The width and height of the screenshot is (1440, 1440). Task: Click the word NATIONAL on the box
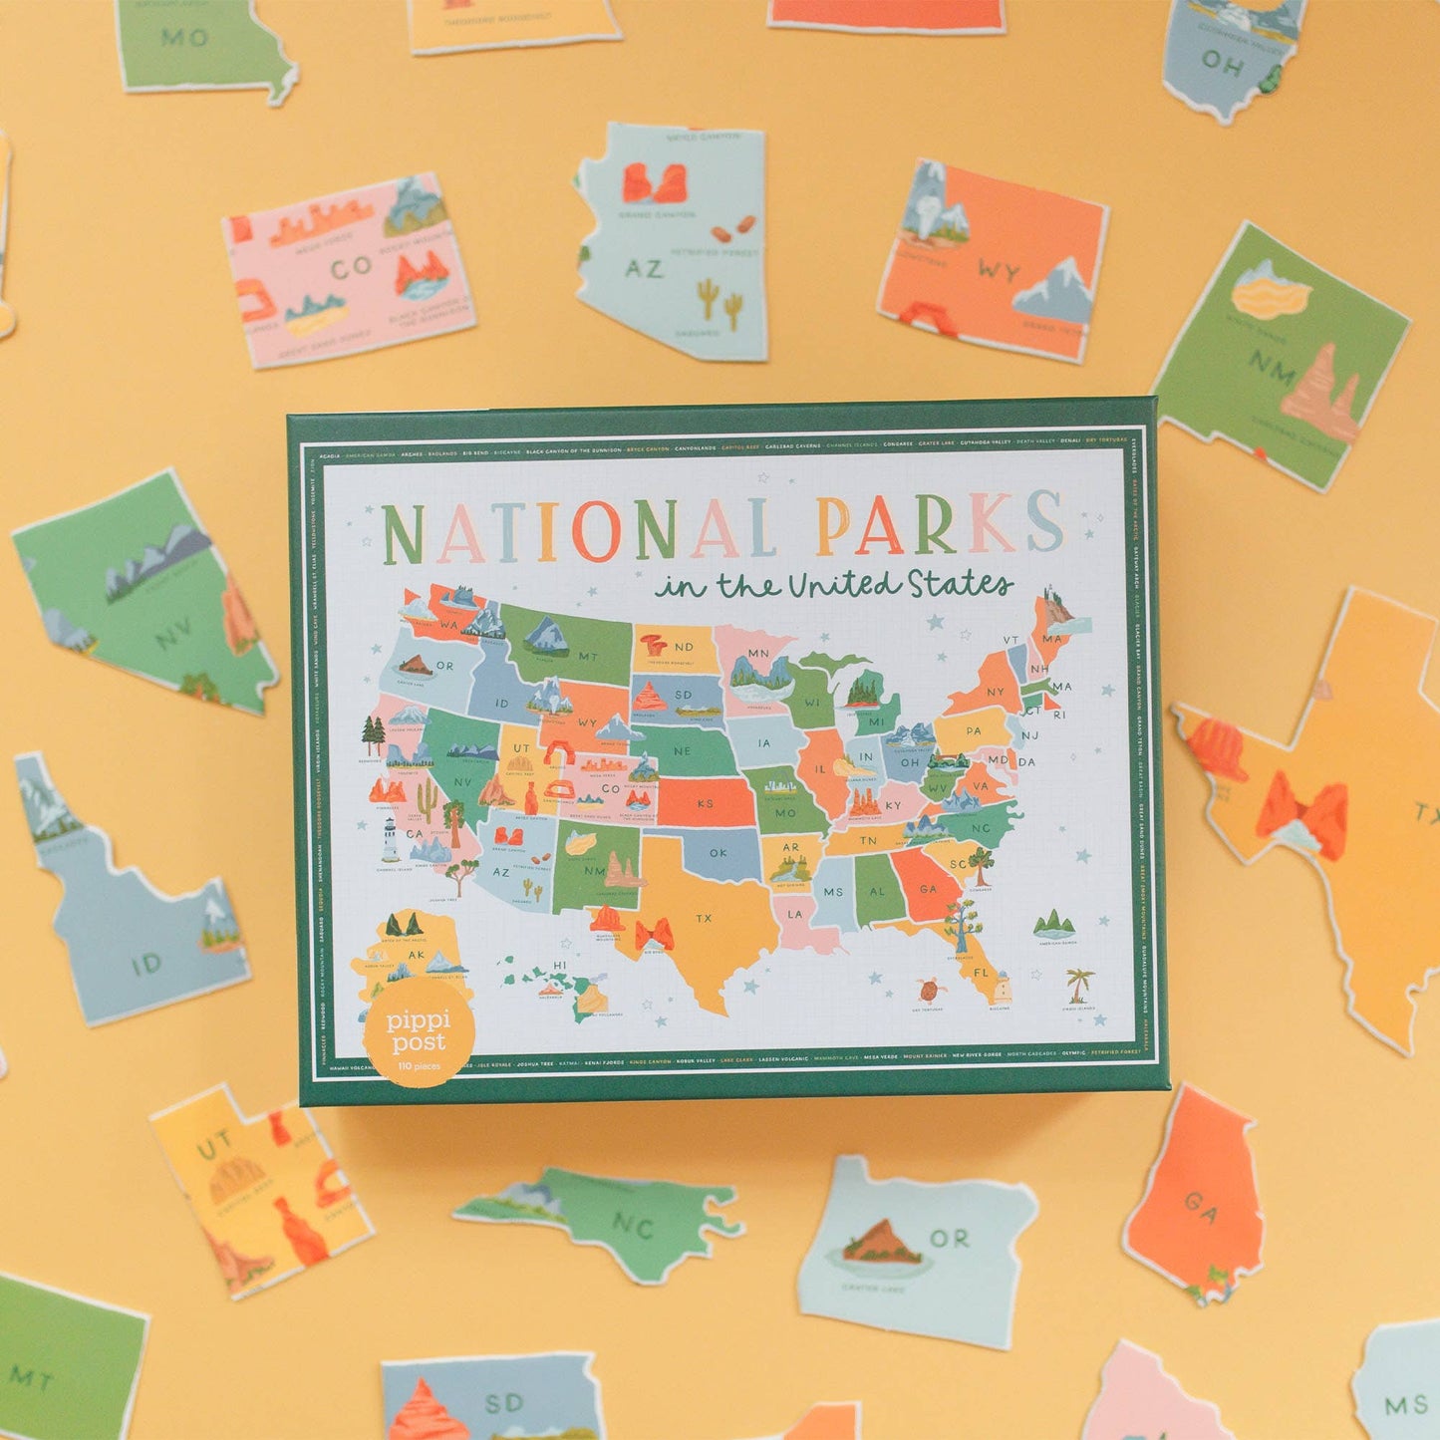pyautogui.click(x=578, y=529)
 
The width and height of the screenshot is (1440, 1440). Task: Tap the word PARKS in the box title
pyautogui.click(x=939, y=522)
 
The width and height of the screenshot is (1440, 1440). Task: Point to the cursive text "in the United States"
pyautogui.click(x=833, y=585)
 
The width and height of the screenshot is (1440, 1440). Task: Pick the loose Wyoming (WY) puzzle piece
pyautogui.click(x=993, y=261)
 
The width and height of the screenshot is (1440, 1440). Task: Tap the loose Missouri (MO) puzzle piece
pyautogui.click(x=204, y=45)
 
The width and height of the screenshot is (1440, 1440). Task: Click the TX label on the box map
pyautogui.click(x=704, y=918)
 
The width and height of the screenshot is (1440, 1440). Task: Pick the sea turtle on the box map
pyautogui.click(x=930, y=992)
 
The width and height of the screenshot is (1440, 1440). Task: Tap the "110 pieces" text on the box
pyautogui.click(x=419, y=1066)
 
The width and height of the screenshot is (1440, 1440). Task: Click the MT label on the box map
pyautogui.click(x=588, y=656)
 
